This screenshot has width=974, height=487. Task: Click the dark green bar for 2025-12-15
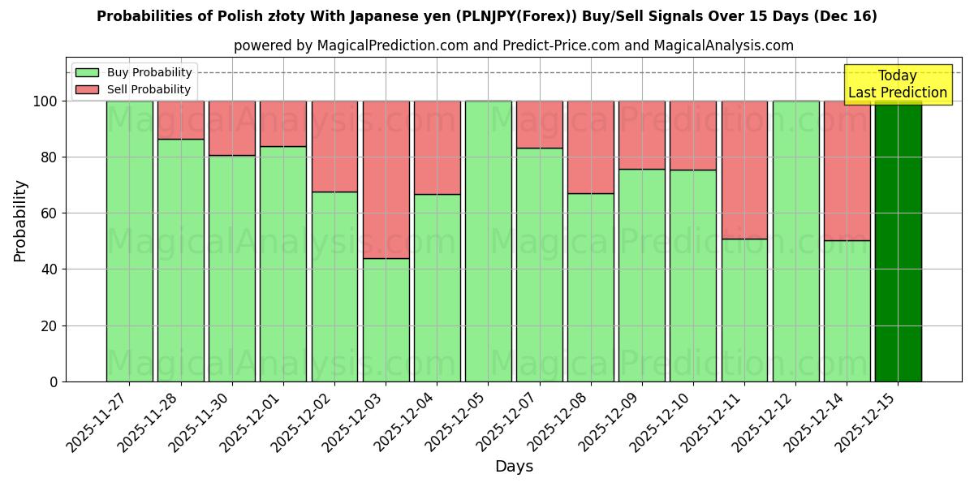click(x=898, y=241)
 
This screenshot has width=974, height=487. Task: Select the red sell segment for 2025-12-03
click(x=386, y=179)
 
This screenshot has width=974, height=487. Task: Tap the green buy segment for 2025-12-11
click(x=744, y=310)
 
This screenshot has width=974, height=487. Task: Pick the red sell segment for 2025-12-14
click(x=847, y=170)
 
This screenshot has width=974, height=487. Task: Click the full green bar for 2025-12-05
click(x=489, y=241)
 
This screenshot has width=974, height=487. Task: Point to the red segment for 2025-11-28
click(x=181, y=120)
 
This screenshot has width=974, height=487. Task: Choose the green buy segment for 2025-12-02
click(x=334, y=287)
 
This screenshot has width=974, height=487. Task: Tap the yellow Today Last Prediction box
click(x=898, y=84)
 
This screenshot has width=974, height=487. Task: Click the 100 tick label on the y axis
click(x=45, y=101)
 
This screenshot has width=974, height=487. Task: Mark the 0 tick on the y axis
click(x=54, y=381)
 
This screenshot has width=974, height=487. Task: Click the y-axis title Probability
click(x=20, y=221)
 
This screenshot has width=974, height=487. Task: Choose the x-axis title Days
click(x=514, y=466)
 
